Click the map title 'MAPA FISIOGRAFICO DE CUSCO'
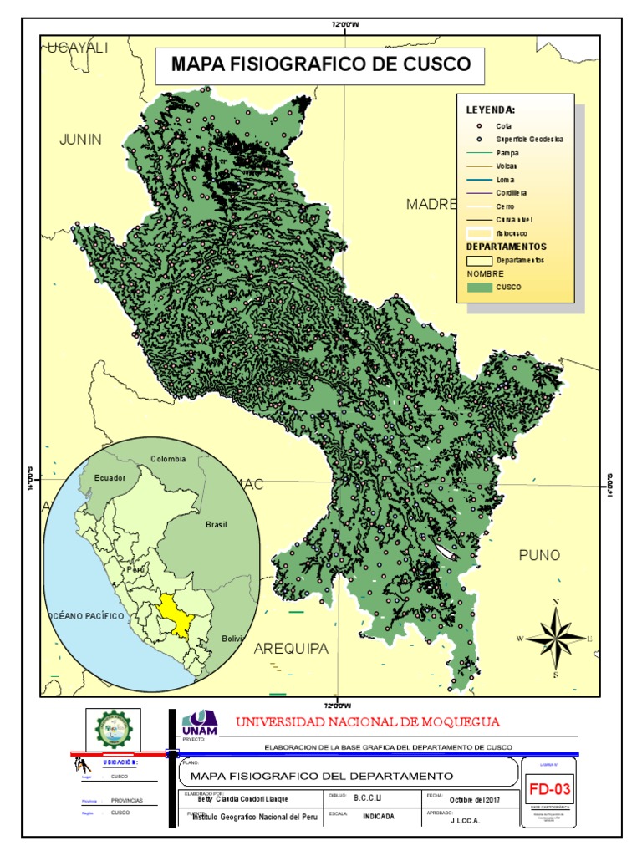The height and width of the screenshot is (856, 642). (x=320, y=64)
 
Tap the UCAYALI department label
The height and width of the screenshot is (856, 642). (x=78, y=48)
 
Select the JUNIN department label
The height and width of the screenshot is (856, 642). (x=80, y=139)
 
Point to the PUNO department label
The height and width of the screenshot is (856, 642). (x=539, y=555)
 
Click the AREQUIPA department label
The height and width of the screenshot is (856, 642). (x=291, y=649)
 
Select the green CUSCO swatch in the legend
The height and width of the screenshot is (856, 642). (x=479, y=287)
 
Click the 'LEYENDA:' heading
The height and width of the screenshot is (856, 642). (x=491, y=110)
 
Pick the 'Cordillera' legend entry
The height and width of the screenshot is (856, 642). (x=511, y=193)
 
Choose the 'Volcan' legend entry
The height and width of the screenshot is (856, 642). (x=507, y=166)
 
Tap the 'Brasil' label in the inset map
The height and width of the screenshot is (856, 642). (x=217, y=525)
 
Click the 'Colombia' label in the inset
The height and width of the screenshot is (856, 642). (x=168, y=459)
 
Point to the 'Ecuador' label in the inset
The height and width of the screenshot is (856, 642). (x=110, y=478)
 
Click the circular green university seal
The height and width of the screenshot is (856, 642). (x=113, y=730)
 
